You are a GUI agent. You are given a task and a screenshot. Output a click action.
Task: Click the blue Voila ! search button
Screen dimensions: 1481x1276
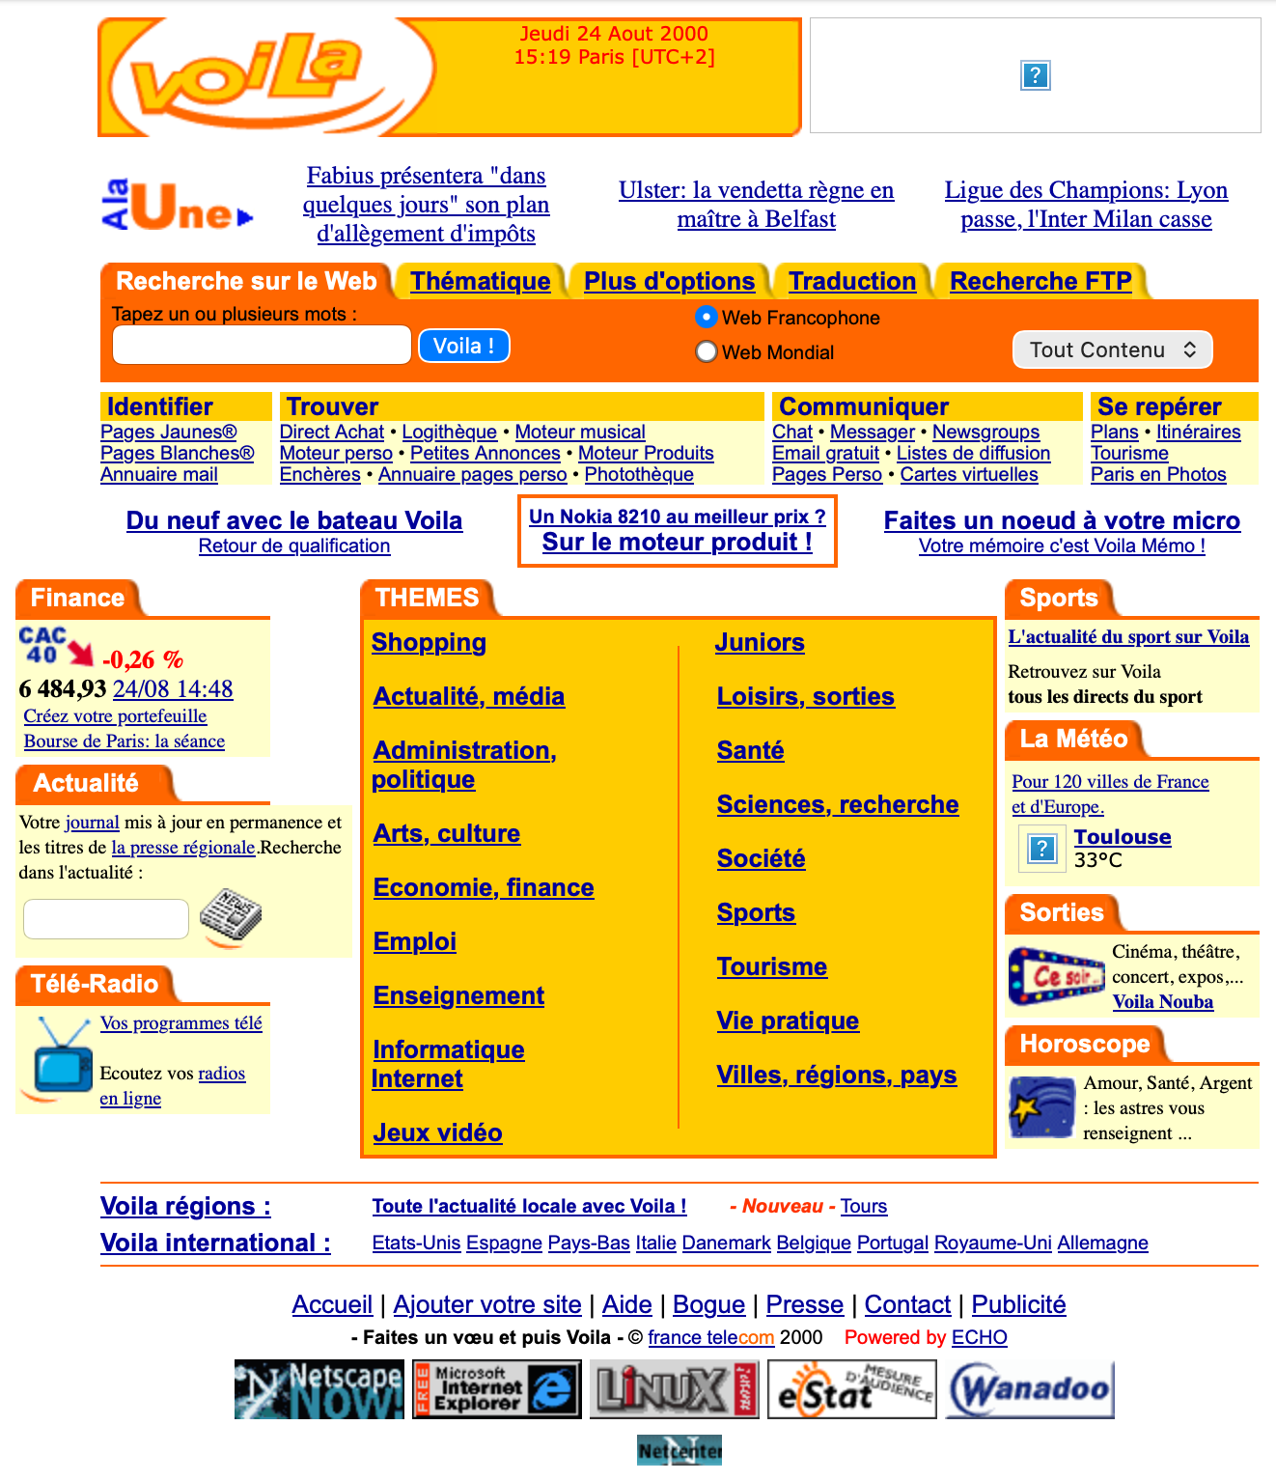click(x=463, y=346)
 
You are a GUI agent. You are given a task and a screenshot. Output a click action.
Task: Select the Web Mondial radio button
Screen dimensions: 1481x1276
click(x=707, y=352)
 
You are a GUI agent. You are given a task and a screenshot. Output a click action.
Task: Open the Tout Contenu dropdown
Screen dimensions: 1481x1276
click(x=1112, y=349)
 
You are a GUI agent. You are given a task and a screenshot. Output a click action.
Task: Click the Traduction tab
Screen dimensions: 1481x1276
click(x=851, y=281)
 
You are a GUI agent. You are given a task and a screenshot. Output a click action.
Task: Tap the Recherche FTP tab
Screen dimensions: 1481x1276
click(x=1040, y=281)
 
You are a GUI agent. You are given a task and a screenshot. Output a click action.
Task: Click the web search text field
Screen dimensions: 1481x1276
click(x=262, y=345)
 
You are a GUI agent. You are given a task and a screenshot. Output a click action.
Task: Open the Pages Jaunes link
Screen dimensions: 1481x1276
click(x=169, y=432)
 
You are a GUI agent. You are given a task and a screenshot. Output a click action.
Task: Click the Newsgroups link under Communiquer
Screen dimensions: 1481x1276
click(x=985, y=432)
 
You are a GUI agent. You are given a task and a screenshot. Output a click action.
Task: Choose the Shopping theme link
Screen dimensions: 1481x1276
click(x=429, y=642)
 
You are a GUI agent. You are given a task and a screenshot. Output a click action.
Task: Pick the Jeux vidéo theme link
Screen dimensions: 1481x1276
click(x=437, y=1132)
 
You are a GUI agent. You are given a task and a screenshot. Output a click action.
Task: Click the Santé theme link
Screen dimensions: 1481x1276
click(x=750, y=750)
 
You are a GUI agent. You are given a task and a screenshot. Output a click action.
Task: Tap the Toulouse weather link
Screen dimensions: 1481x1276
click(x=1123, y=837)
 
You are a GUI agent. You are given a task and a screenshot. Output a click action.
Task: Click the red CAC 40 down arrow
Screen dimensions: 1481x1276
click(x=81, y=654)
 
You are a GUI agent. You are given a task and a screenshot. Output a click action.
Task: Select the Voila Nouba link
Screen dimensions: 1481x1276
click(x=1162, y=1001)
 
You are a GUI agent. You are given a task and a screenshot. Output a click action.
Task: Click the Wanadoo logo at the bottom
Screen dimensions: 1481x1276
click(x=1030, y=1389)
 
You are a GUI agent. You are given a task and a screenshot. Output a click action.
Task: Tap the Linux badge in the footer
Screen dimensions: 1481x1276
click(x=674, y=1389)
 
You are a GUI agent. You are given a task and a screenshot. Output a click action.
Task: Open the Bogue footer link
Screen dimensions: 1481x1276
click(x=708, y=1304)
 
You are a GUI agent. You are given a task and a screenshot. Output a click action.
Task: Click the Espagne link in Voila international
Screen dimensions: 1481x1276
click(x=504, y=1243)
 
